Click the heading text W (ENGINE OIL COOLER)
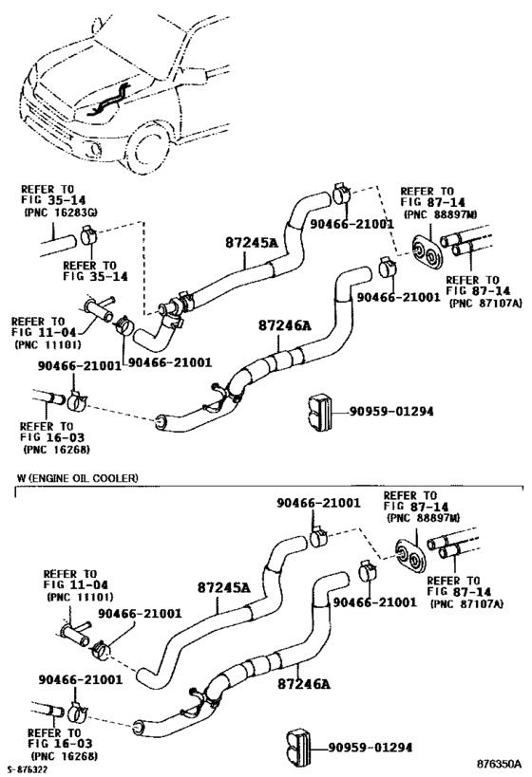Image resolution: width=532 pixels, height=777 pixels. point(77,478)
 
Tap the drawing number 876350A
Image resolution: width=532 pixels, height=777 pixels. point(500,763)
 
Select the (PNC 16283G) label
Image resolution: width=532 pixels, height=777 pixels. point(61,213)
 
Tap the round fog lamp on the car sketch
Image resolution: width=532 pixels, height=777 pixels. point(95,146)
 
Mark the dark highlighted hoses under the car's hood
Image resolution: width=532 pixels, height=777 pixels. point(108,102)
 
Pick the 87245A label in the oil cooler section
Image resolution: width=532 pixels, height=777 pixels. point(224,588)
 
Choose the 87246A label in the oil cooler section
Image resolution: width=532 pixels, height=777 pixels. point(304,684)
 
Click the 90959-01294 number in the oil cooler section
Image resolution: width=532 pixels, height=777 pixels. point(370,747)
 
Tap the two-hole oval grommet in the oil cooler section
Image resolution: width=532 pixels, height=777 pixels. point(409,556)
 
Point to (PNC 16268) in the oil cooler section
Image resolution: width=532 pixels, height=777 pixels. point(64,756)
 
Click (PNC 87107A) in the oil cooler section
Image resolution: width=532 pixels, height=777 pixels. point(466,604)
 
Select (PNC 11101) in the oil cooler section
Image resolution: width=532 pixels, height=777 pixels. point(80,597)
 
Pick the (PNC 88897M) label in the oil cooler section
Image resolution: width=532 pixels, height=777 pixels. point(423,518)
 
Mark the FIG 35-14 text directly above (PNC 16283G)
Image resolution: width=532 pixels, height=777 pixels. point(53,200)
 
